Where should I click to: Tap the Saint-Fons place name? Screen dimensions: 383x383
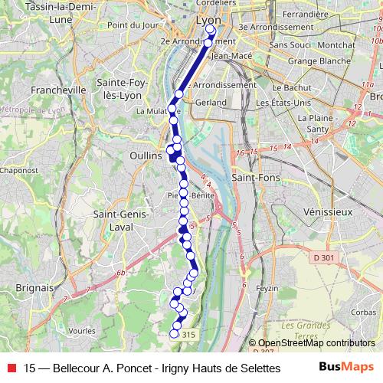pyautogui.click(x=255, y=178)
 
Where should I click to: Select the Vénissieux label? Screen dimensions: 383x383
pyautogui.click(x=326, y=211)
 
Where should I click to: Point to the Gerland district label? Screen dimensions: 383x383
pyautogui.click(x=211, y=102)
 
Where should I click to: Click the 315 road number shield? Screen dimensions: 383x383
pyautogui.click(x=189, y=335)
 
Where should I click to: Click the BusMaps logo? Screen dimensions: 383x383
pyautogui.click(x=346, y=367)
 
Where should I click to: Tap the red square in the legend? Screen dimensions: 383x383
pyautogui.click(x=11, y=368)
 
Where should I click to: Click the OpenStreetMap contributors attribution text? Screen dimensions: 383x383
pyautogui.click(x=317, y=344)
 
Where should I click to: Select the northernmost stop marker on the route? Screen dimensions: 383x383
pyautogui.click(x=211, y=29)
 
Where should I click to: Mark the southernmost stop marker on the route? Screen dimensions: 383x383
pyautogui.click(x=174, y=333)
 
